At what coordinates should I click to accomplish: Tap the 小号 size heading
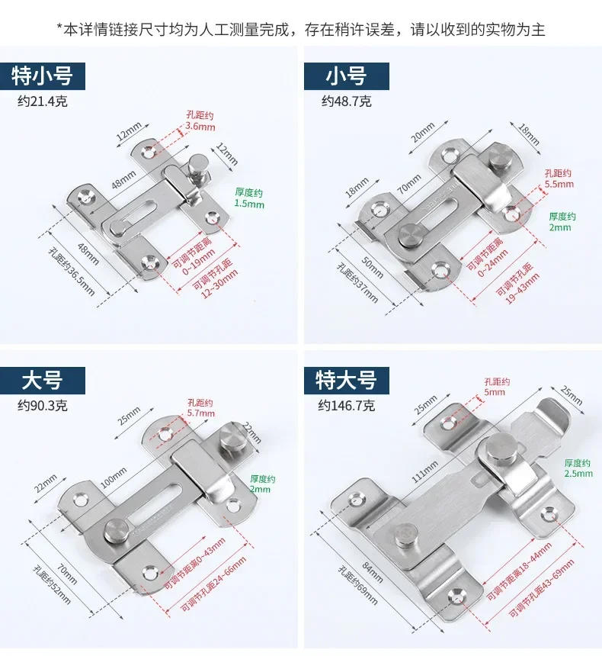[346, 76]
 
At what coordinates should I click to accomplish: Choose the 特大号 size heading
[346, 380]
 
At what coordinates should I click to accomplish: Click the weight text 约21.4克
[43, 101]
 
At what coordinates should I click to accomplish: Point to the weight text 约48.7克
[346, 101]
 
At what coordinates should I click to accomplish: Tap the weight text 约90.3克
[43, 405]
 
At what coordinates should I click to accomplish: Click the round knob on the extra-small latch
[199, 162]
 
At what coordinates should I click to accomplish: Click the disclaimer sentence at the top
[301, 30]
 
